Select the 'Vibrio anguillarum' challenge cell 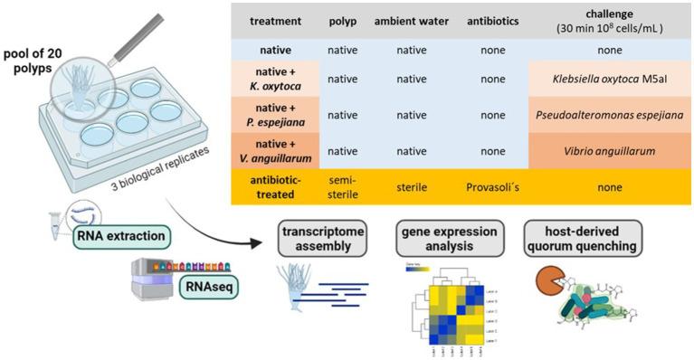(x=604, y=155)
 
